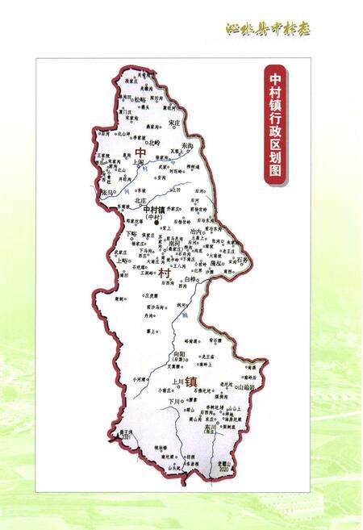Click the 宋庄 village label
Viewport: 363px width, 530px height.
(175, 123)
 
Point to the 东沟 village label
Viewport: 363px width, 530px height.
(187, 144)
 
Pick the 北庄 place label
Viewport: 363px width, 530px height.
(141, 199)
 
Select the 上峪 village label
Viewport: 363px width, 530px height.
(122, 261)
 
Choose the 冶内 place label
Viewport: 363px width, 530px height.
(195, 232)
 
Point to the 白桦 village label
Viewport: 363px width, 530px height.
(190, 279)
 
